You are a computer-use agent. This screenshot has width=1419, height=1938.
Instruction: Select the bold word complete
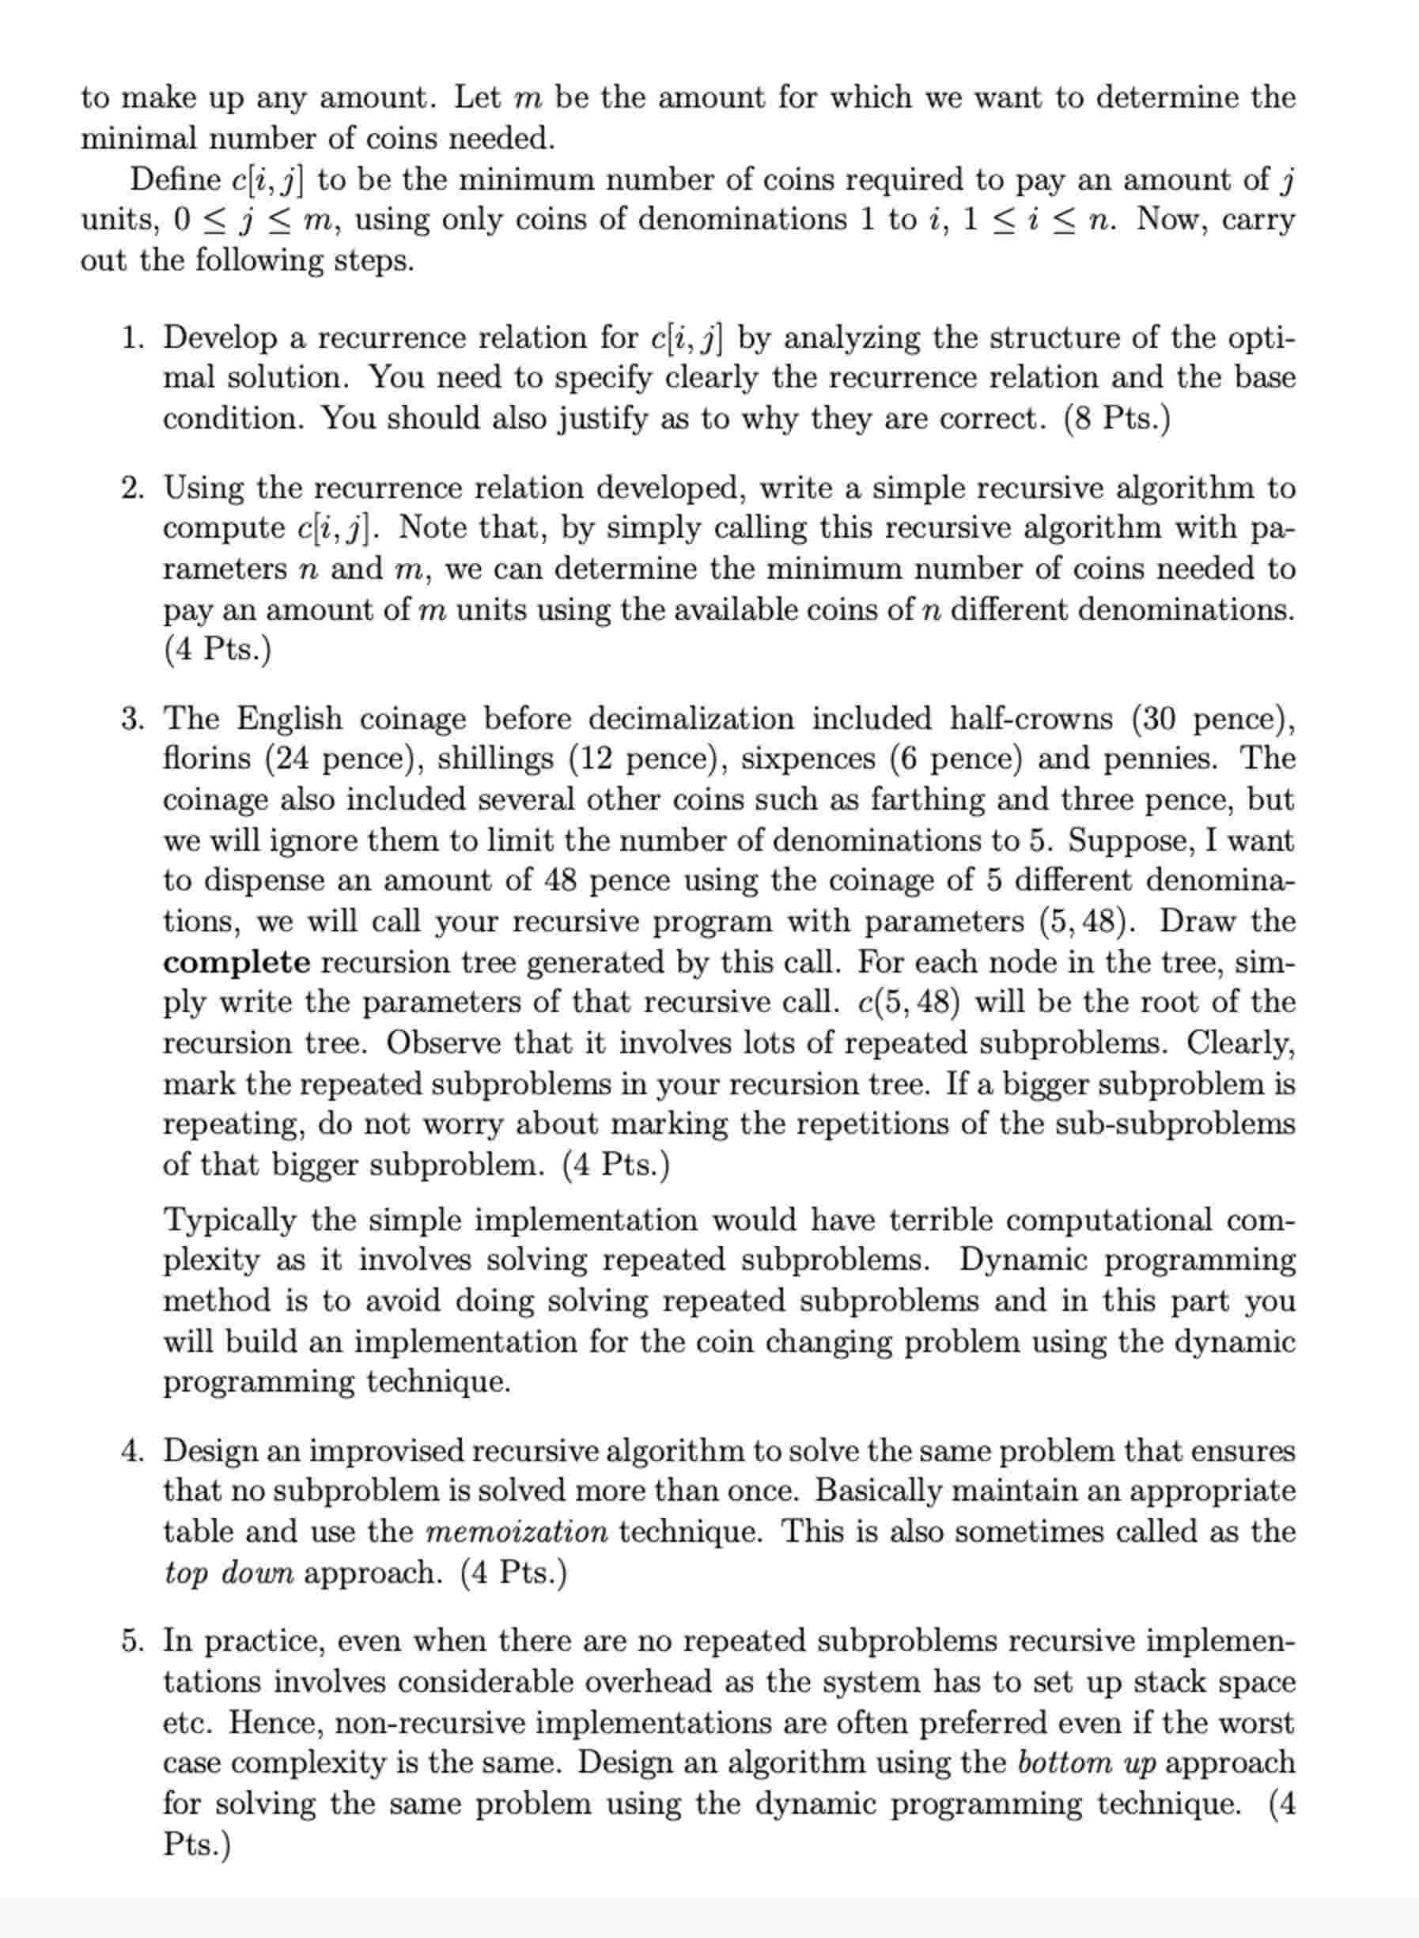click(237, 962)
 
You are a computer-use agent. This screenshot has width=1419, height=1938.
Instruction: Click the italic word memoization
click(517, 1532)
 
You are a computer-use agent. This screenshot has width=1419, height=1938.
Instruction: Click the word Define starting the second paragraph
click(176, 179)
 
